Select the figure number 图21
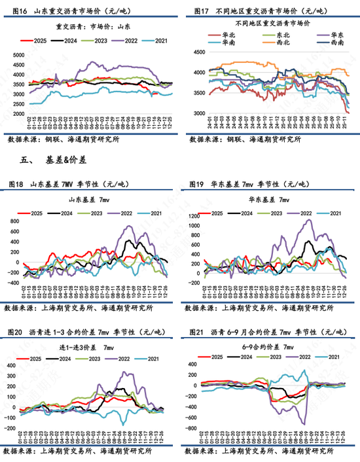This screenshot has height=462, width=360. coord(197,332)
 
